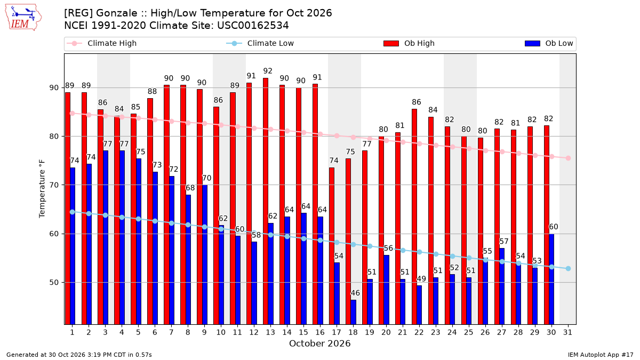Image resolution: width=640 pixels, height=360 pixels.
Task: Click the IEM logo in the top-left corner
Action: [x=23, y=18]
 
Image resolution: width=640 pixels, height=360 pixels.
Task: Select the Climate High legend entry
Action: [x=102, y=43]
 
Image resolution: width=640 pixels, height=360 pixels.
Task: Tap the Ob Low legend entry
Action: [x=549, y=43]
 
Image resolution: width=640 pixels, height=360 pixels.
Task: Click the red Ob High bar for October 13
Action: [x=266, y=201]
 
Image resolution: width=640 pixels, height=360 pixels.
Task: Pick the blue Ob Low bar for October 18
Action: [x=354, y=312]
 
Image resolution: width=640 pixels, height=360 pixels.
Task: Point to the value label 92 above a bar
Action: [x=268, y=71]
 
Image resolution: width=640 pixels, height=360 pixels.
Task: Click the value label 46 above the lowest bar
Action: [x=355, y=293]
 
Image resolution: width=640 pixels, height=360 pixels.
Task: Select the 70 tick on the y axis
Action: [x=54, y=185]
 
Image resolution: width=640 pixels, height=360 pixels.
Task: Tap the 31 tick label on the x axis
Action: [x=567, y=332]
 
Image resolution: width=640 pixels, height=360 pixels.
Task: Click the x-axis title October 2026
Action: [x=319, y=343]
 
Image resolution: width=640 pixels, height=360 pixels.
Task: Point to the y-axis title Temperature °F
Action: [x=42, y=189]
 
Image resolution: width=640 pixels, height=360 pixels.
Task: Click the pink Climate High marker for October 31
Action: [x=568, y=158]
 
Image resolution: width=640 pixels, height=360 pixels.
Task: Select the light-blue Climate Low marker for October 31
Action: [x=568, y=269]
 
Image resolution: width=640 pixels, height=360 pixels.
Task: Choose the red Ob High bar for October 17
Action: [x=331, y=246]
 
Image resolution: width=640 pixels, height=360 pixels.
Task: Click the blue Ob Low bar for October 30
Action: [x=551, y=279]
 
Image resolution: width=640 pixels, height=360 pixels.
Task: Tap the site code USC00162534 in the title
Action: [x=253, y=26]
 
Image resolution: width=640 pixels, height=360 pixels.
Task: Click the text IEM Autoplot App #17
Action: [x=601, y=355]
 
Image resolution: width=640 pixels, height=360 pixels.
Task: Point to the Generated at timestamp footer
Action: [x=79, y=355]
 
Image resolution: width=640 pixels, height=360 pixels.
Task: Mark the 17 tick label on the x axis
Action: [x=337, y=332]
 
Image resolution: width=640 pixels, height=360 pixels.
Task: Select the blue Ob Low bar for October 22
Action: [x=419, y=305]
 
